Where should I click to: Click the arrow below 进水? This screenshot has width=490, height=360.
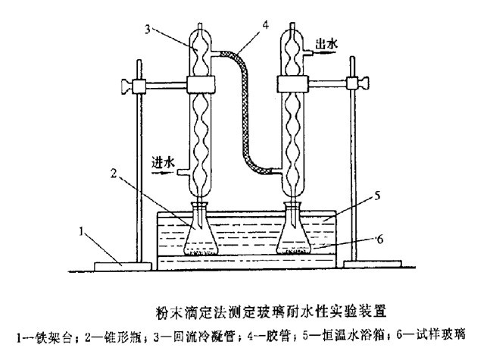click(164, 171)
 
